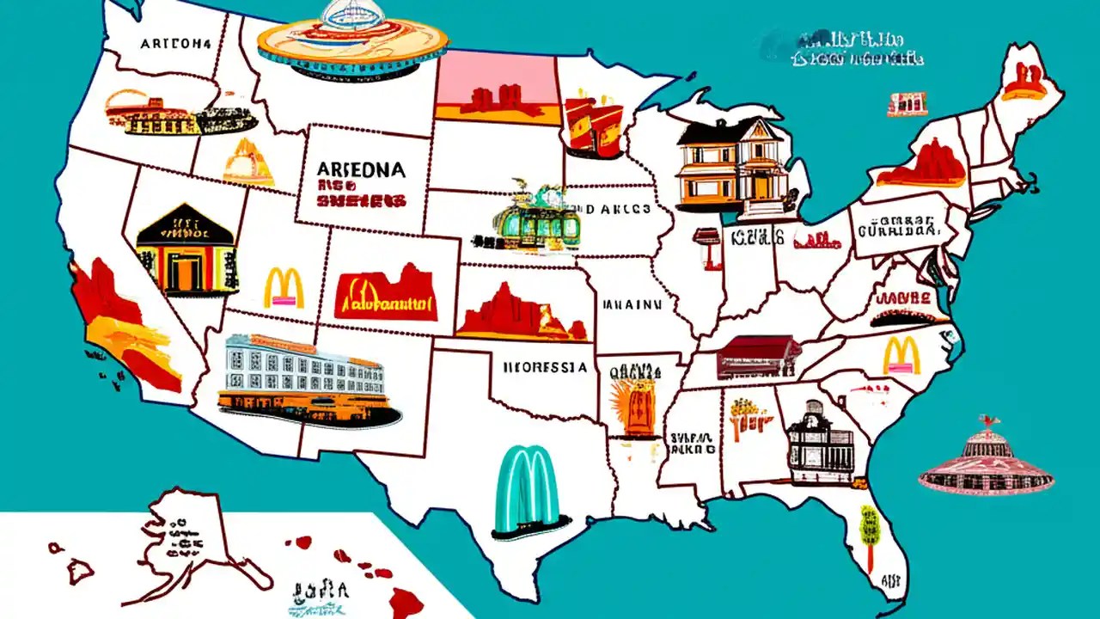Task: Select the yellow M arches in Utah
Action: pos(284,288)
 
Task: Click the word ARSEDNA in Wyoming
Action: pos(361,169)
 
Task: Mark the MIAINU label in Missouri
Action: pos(632,303)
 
